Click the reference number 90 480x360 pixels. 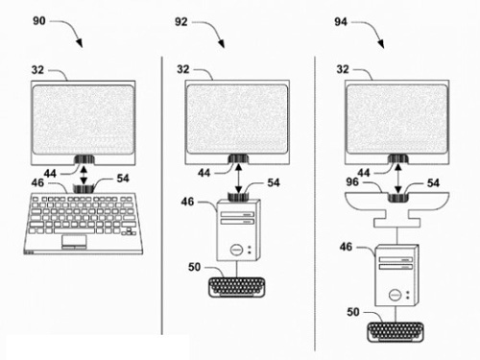[39, 21]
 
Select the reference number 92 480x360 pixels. [180, 21]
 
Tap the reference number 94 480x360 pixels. [341, 21]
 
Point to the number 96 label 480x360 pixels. [352, 181]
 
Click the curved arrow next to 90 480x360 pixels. [71, 28]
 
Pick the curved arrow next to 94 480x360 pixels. [372, 29]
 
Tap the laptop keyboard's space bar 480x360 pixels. [74, 230]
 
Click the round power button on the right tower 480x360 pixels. [396, 295]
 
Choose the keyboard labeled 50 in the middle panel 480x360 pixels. [237, 287]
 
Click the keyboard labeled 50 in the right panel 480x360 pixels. [396, 332]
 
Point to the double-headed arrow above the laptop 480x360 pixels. [84, 175]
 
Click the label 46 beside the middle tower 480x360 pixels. [187, 202]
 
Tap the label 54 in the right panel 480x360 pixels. [433, 182]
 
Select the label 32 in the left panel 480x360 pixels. [37, 70]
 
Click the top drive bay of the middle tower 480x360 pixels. [237, 214]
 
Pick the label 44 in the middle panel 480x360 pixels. [204, 173]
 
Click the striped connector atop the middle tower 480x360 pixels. [238, 197]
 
